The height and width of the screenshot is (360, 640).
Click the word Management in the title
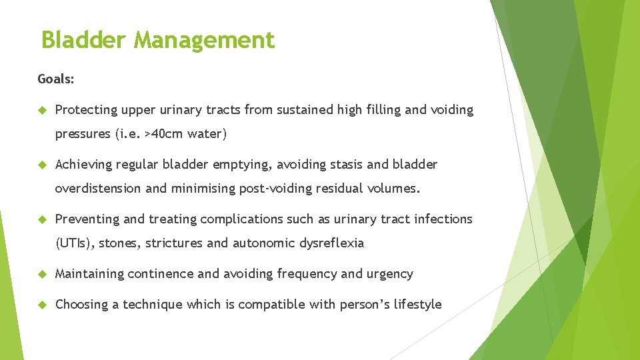tap(204, 41)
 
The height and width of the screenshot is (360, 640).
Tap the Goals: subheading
tap(56, 79)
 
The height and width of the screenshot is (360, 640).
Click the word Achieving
tap(83, 165)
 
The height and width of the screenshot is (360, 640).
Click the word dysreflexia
tap(331, 243)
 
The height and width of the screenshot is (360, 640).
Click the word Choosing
tap(82, 305)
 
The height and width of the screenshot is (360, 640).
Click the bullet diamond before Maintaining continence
tap(41, 274)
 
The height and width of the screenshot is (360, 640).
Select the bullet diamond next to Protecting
tap(41, 110)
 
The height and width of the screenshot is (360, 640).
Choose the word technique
tap(153, 305)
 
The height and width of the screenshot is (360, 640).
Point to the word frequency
tap(307, 274)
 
